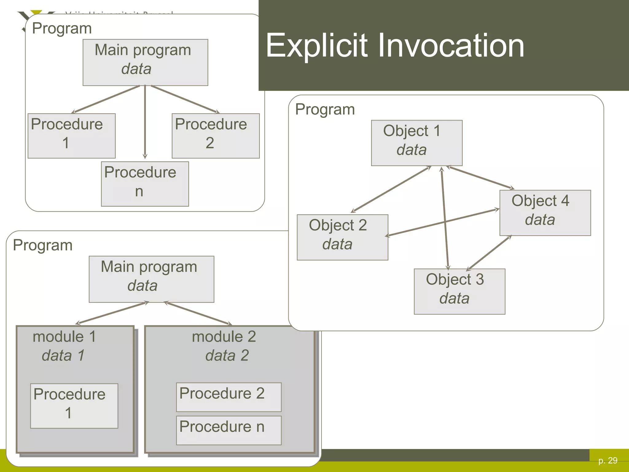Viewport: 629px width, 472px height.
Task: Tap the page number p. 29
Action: pyautogui.click(x=608, y=460)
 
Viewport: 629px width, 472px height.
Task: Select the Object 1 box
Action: pyautogui.click(x=416, y=143)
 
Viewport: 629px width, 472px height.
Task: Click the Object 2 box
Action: pyautogui.click(x=342, y=237)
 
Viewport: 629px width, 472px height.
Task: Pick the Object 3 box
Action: pyautogui.click(x=459, y=291)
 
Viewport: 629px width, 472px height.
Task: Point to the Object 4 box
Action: pyautogui.click(x=545, y=213)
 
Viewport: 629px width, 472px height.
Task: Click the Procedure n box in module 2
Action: pyautogui.click(x=229, y=430)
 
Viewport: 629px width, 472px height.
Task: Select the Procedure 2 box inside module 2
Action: pyautogui.click(x=229, y=397)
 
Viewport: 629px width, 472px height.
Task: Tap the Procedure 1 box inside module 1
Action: pyautogui.click(x=74, y=406)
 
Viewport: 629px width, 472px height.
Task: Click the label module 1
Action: pyautogui.click(x=64, y=336)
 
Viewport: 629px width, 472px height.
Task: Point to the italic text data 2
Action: pyautogui.click(x=227, y=356)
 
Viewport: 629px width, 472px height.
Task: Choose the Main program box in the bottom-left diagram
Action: pyautogui.click(x=151, y=279)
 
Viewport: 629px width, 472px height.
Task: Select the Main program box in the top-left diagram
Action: pyautogui.click(x=145, y=62)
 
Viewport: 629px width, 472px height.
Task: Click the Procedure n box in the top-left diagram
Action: pyautogui.click(x=145, y=184)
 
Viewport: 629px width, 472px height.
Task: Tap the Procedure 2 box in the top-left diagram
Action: pyautogui.click(x=215, y=136)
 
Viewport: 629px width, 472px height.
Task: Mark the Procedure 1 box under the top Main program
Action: pyautogui.click(x=71, y=136)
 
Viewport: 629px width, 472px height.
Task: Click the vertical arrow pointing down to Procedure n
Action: pyautogui.click(x=145, y=123)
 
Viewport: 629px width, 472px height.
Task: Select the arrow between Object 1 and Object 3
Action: pyautogui.click(x=445, y=218)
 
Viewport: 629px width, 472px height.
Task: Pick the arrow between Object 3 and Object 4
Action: pyautogui.click(x=489, y=253)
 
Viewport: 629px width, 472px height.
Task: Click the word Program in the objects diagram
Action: pyautogui.click(x=325, y=109)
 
